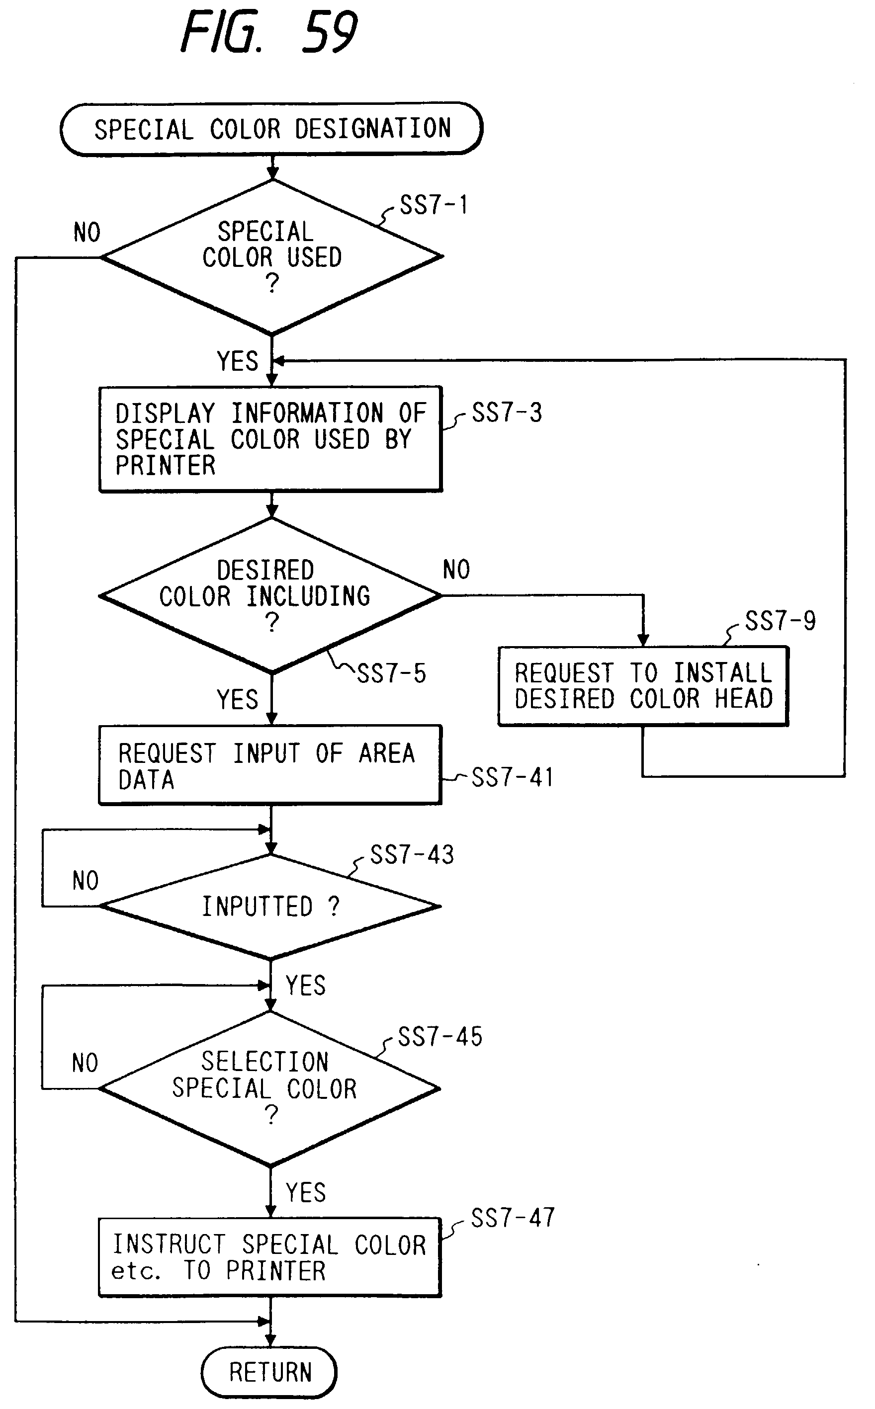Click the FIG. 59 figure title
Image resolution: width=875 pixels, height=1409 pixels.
(x=269, y=32)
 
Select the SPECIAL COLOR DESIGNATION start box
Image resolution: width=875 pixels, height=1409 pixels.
(x=271, y=129)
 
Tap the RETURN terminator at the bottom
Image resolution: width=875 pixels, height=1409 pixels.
(x=269, y=1372)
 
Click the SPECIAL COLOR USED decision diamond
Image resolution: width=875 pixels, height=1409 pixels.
(x=271, y=257)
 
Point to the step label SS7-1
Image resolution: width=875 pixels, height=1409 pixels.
(x=434, y=205)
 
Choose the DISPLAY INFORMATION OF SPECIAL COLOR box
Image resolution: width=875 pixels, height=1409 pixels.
(x=270, y=439)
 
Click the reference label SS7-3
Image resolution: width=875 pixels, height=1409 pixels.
(x=507, y=413)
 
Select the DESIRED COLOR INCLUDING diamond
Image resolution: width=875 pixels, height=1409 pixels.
(x=270, y=595)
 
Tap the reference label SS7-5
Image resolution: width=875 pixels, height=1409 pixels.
(x=391, y=674)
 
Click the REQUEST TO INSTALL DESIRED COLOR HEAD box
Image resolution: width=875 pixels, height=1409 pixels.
(x=643, y=686)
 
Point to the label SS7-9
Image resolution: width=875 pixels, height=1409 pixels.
(x=780, y=621)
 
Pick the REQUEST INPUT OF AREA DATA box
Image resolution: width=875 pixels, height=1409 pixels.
(x=270, y=765)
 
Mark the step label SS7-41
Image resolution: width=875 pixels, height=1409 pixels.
(x=512, y=777)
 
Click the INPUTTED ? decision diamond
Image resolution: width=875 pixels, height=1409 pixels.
(x=270, y=907)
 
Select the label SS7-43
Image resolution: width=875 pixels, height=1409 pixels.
(x=412, y=855)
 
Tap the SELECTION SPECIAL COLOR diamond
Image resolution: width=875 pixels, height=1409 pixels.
(x=270, y=1088)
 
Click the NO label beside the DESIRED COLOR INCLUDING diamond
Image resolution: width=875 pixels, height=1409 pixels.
(x=456, y=570)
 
